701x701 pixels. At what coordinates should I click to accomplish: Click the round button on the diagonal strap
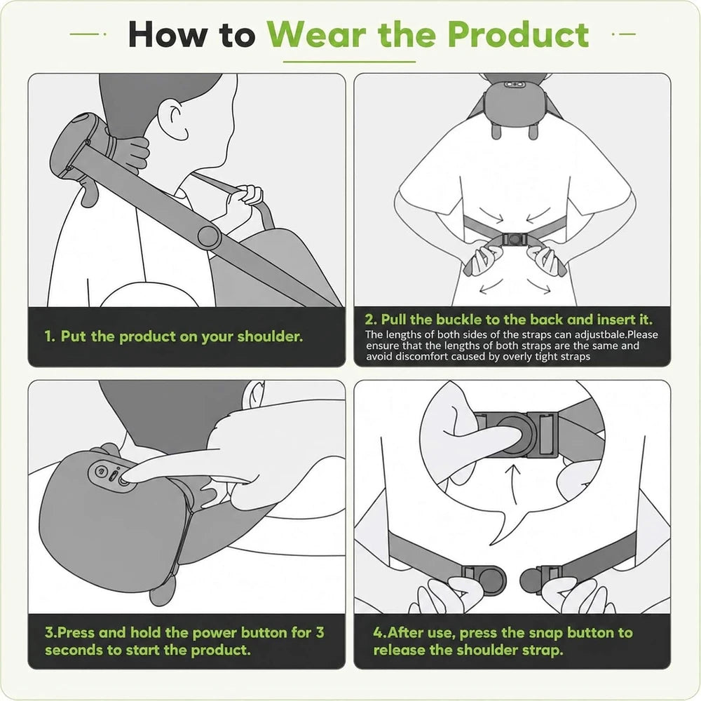click(x=208, y=236)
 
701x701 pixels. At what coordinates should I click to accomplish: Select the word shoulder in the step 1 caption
click(x=270, y=336)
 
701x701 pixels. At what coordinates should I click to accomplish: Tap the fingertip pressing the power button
click(x=125, y=478)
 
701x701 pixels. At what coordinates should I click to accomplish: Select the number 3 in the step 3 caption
click(x=320, y=632)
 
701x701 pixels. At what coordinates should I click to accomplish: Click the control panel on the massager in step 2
click(x=514, y=85)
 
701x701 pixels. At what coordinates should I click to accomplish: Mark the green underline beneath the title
click(x=350, y=62)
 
